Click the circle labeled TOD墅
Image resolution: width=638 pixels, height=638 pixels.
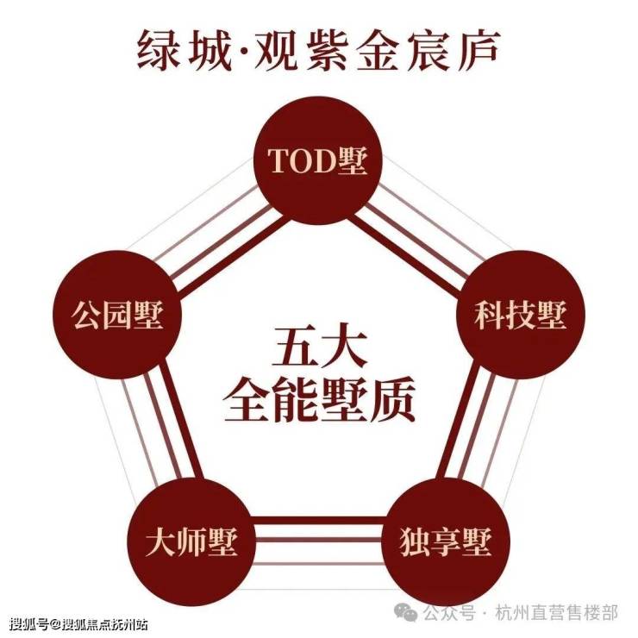tap(318, 160)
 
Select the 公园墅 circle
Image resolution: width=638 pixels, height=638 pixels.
tap(117, 315)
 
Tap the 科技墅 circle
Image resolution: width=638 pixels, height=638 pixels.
tap(521, 315)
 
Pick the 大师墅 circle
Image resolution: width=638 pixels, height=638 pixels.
tap(191, 542)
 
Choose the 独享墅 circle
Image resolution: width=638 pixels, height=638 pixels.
tap(446, 542)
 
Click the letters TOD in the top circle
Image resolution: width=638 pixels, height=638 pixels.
tap(300, 160)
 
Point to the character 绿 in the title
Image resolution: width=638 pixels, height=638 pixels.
tap(158, 50)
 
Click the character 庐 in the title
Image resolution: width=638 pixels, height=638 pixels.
tap(478, 50)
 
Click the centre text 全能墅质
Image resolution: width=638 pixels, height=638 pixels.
tap(319, 399)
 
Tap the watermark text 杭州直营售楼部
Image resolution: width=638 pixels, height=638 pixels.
tap(557, 612)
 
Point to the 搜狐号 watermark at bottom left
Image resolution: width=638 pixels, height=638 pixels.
tap(29, 624)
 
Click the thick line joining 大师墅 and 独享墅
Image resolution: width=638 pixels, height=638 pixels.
tap(319, 520)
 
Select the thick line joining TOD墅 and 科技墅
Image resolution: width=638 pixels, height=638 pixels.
tap(403, 253)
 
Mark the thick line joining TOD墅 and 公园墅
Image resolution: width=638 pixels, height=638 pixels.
tap(232, 253)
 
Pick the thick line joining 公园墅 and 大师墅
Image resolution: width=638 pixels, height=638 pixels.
tap(180, 421)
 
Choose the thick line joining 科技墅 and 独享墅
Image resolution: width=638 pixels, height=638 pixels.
tap(458, 421)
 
